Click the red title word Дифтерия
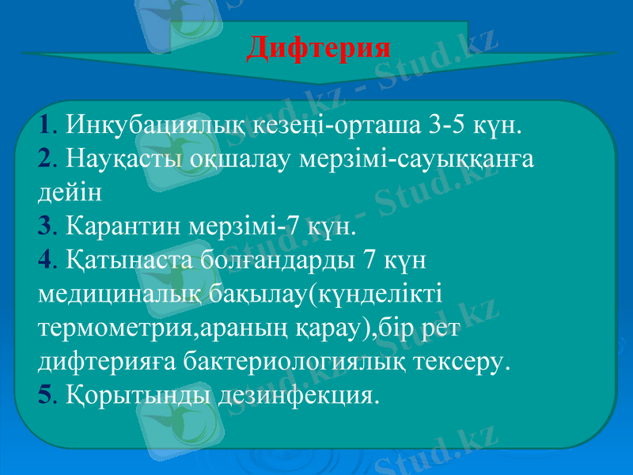[319, 47]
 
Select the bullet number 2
[44, 159]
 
